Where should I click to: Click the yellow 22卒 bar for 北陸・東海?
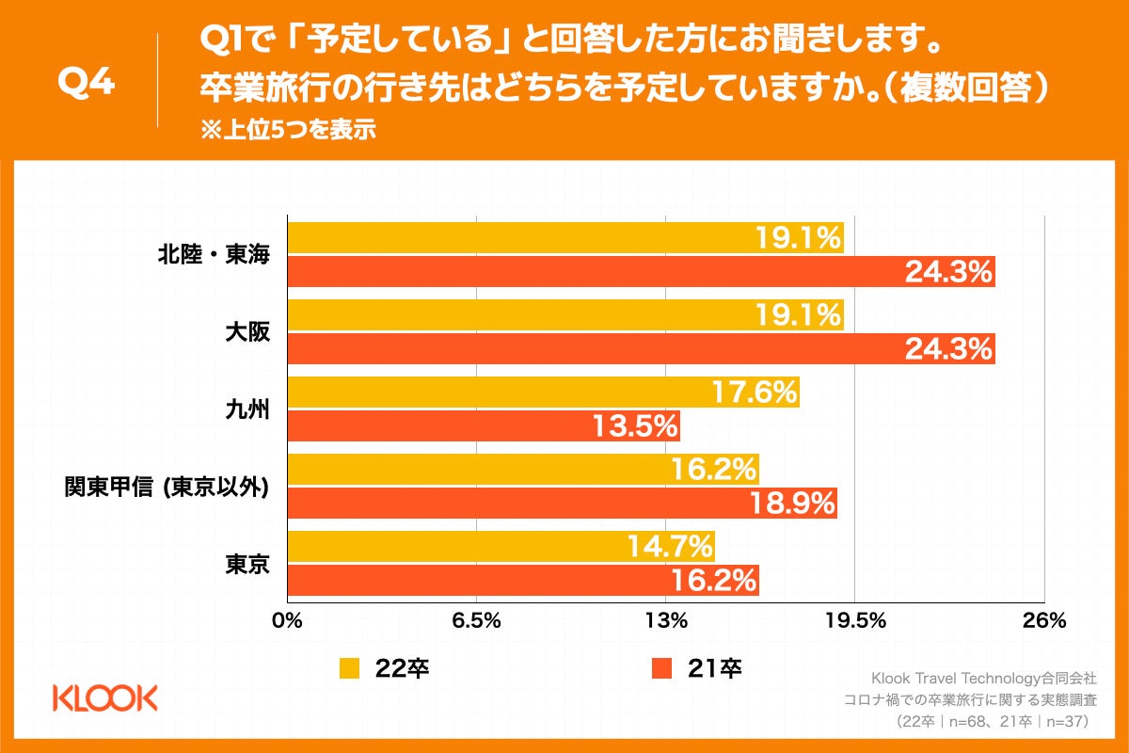(564, 238)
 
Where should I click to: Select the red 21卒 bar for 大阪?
(640, 349)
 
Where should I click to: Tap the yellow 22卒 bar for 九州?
(543, 393)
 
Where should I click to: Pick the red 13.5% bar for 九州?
(483, 426)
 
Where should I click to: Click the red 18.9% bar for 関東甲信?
(562, 504)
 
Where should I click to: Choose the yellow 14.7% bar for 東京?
(501, 547)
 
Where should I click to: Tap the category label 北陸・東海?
(215, 255)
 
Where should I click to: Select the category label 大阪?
(247, 332)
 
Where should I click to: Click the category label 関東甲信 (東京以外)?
(167, 487)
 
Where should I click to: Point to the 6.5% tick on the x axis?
(477, 621)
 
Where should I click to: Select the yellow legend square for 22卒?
(349, 668)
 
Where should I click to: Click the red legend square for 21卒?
(661, 668)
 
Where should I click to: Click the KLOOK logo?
(104, 698)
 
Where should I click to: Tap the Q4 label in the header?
(87, 83)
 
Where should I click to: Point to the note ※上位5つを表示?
(288, 131)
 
